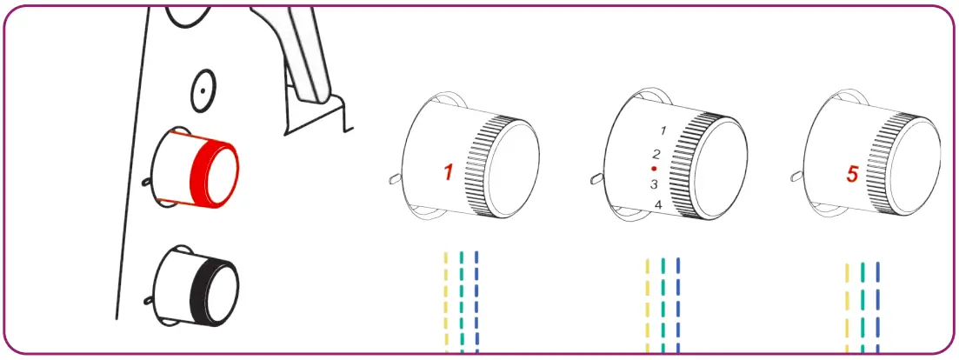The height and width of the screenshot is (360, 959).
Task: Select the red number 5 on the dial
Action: (852, 175)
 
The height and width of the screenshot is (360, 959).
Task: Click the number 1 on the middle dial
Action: (663, 130)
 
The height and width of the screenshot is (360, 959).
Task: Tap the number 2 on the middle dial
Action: (656, 153)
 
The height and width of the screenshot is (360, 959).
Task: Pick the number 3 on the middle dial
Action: (654, 184)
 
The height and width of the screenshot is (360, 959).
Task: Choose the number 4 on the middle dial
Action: (658, 205)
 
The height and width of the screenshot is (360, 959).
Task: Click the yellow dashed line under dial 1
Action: (446, 300)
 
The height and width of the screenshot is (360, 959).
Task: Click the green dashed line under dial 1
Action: (462, 300)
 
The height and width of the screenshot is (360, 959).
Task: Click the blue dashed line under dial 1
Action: (476, 300)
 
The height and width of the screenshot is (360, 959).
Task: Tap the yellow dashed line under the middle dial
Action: (648, 304)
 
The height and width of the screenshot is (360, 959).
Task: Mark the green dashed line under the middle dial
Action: (663, 304)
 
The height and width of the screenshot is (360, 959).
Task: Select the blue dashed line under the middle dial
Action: (678, 304)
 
